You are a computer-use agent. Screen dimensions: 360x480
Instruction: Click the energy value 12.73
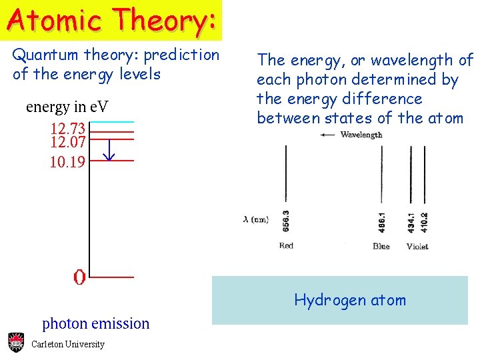tap(67, 128)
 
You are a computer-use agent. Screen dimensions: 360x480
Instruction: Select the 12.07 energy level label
tap(67, 141)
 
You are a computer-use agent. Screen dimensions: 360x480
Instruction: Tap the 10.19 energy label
tap(67, 161)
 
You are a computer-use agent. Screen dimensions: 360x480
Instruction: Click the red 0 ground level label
tap(79, 277)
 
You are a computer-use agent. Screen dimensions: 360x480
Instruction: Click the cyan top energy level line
tap(111, 122)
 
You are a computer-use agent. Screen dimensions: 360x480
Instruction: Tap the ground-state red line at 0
tap(111, 276)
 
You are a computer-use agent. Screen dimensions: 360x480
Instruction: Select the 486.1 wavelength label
tap(382, 221)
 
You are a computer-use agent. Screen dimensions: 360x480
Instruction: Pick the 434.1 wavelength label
tap(411, 221)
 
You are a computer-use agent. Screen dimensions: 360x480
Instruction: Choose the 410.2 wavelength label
tap(425, 221)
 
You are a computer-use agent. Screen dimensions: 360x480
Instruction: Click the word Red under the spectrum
tap(286, 246)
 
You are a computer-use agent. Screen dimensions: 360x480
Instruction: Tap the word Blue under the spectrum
tap(381, 246)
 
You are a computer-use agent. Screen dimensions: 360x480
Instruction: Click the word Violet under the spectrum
tap(417, 246)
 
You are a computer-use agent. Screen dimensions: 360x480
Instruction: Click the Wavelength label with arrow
tap(351, 135)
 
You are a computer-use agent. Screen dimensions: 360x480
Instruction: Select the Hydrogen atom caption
tap(350, 300)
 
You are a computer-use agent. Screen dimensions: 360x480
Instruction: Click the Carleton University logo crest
tap(16, 343)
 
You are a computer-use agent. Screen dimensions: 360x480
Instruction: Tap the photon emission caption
tap(96, 324)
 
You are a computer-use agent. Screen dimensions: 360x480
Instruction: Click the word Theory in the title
tap(165, 19)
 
